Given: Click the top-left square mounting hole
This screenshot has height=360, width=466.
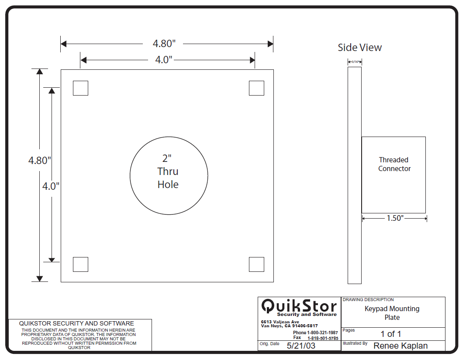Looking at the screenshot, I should pyautogui.click(x=80, y=88).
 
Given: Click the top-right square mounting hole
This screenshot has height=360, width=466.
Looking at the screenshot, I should pyautogui.click(x=256, y=88).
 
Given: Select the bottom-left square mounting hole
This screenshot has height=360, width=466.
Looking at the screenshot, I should pyautogui.click(x=80, y=264).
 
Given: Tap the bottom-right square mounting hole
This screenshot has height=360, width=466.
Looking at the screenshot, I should pyautogui.click(x=256, y=264).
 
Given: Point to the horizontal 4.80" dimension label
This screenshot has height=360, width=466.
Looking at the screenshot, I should pyautogui.click(x=164, y=44).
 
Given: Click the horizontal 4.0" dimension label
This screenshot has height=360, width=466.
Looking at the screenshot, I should pyautogui.click(x=164, y=60).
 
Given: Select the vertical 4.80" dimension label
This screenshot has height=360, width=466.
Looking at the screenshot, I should pyautogui.click(x=40, y=160).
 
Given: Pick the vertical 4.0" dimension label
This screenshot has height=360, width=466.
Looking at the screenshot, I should pyautogui.click(x=51, y=186).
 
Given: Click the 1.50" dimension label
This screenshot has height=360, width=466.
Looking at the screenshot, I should pyautogui.click(x=395, y=218).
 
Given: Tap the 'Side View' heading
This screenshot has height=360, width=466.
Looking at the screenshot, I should pyautogui.click(x=360, y=48).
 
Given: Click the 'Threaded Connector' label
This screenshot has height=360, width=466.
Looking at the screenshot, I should pyautogui.click(x=394, y=165).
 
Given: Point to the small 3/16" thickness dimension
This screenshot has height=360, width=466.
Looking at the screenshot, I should pyautogui.click(x=355, y=62).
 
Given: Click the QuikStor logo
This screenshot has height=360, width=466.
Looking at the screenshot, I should pyautogui.click(x=299, y=307).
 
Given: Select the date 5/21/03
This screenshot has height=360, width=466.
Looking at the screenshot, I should pyautogui.click(x=301, y=346).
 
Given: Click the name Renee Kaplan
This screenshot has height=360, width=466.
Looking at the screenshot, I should pyautogui.click(x=400, y=346).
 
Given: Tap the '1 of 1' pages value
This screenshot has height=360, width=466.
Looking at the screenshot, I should pyautogui.click(x=391, y=334).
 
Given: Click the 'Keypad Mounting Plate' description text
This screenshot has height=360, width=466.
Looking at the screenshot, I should pyautogui.click(x=392, y=313).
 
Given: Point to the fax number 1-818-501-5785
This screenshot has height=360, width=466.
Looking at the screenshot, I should pyautogui.click(x=323, y=338).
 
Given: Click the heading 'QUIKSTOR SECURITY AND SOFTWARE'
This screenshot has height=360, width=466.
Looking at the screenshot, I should pyautogui.click(x=76, y=323).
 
